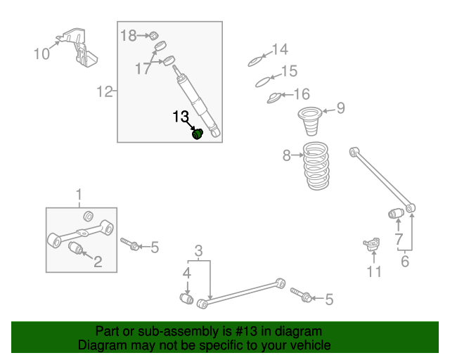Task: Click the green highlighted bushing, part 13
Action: (x=198, y=134)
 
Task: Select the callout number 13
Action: (x=181, y=117)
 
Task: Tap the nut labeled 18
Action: (x=154, y=36)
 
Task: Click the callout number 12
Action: (x=105, y=91)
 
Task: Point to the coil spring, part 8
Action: (x=316, y=166)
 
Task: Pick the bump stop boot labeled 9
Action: (x=310, y=121)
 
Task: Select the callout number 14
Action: (x=280, y=49)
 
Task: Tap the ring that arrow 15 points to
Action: (x=263, y=82)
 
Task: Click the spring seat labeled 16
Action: (x=275, y=98)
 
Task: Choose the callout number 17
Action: (x=143, y=68)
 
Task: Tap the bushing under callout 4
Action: (x=186, y=299)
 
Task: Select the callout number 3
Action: (x=198, y=250)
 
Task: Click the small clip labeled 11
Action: (x=372, y=244)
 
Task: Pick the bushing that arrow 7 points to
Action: (x=396, y=213)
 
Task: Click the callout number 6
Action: (x=405, y=261)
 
